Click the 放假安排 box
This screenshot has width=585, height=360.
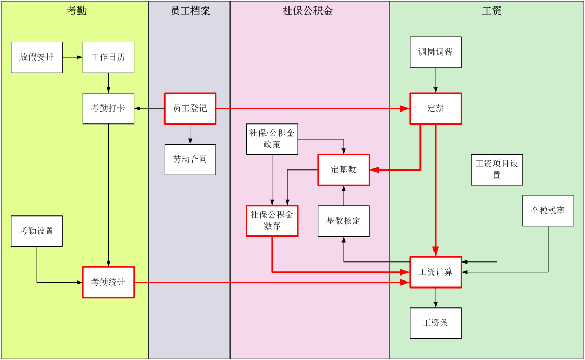point(37,57)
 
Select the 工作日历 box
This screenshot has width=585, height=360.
point(108,57)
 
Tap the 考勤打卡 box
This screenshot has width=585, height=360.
point(108,108)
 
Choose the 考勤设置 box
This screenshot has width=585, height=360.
point(37,231)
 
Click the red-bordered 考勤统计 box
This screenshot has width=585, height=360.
point(108,282)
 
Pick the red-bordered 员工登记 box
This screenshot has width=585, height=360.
point(190,108)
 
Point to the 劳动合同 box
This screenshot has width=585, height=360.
point(190,159)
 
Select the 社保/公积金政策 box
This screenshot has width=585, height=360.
point(272,139)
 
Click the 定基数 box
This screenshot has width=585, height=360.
point(344,169)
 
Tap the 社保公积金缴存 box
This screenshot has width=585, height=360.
point(272,220)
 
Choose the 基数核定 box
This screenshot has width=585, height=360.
point(344,220)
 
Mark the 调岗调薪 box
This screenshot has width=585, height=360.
point(436,52)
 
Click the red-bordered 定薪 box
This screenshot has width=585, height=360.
point(436,108)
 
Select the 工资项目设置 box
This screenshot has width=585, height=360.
point(497,169)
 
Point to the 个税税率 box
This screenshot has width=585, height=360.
point(548,211)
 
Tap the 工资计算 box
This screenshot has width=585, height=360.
point(436,272)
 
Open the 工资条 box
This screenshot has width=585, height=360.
point(436,323)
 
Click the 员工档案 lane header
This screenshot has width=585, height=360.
point(190,10)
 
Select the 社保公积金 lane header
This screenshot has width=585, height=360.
point(308,10)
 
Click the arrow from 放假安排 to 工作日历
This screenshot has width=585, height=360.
point(73,57)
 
